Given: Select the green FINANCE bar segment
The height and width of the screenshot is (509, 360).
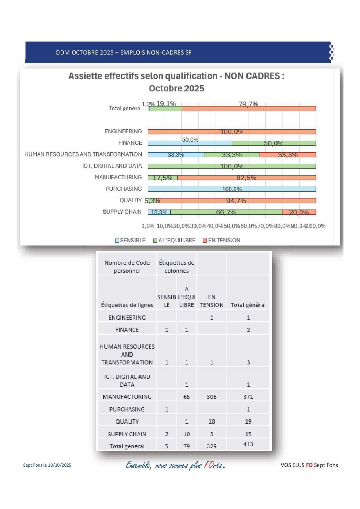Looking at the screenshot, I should (x=274, y=143).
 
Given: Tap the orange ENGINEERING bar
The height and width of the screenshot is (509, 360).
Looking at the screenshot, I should (x=232, y=132).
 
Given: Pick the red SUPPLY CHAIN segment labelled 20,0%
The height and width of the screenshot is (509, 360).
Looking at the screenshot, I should (x=299, y=212).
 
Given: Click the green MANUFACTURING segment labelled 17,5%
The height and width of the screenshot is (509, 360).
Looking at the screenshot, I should (x=163, y=178).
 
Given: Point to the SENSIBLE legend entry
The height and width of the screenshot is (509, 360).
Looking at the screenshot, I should (x=130, y=240).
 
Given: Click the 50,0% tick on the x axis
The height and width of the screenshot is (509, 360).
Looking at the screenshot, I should (x=232, y=226).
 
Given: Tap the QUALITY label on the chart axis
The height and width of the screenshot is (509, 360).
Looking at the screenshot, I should (x=130, y=201).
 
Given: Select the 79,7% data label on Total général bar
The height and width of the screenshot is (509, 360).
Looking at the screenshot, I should (x=248, y=104).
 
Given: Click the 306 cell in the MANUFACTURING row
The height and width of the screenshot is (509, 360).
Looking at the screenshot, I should (x=212, y=397).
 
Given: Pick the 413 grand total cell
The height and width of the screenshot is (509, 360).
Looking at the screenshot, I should (x=248, y=444).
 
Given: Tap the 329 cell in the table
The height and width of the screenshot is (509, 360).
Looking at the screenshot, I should (x=212, y=446).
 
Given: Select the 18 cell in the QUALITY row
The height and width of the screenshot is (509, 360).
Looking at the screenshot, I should (x=212, y=421).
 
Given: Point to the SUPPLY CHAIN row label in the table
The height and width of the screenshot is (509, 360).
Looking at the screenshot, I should (x=127, y=434).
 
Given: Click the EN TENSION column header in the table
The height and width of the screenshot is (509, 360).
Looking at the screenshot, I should (x=212, y=301).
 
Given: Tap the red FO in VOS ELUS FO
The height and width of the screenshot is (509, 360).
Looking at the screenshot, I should (x=309, y=465).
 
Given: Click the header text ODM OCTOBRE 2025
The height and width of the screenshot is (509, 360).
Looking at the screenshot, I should (x=84, y=53).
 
